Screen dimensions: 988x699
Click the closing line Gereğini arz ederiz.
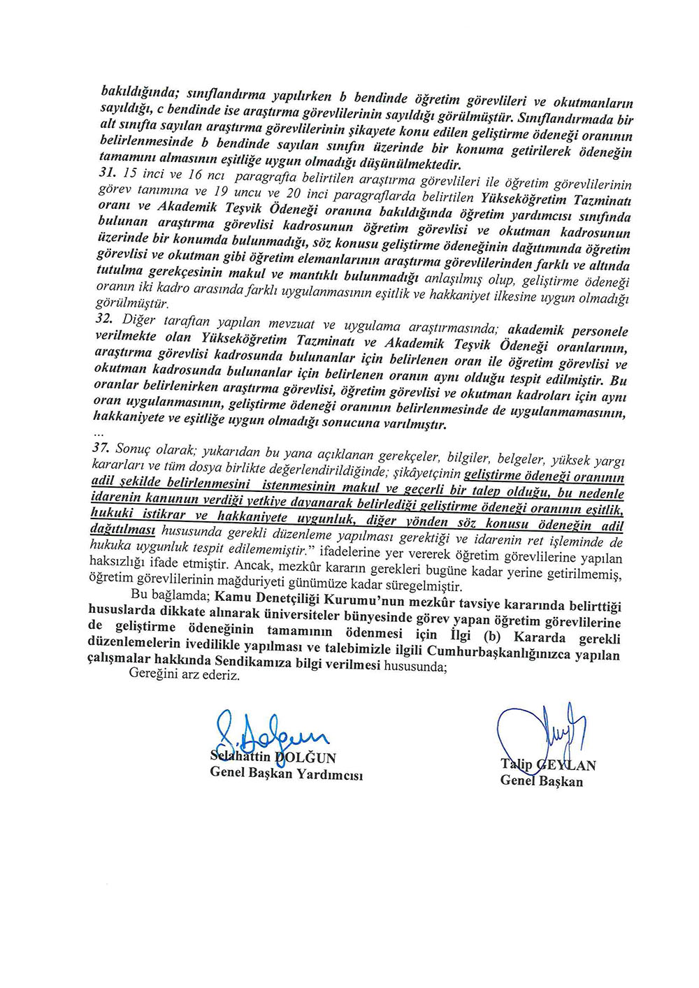pos(185,677)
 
